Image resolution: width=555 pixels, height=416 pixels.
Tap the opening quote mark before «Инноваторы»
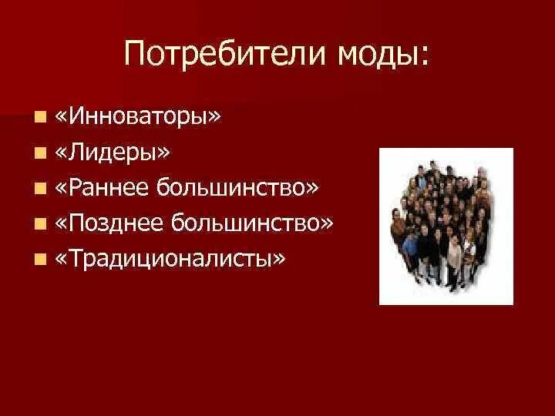pyautogui.click(x=62, y=118)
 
